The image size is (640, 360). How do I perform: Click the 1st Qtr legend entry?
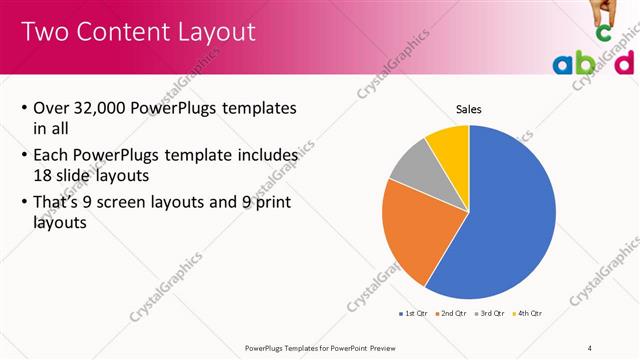coord(413,315)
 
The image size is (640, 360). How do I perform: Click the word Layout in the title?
coord(214,32)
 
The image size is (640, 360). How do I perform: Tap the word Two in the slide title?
coord(43,32)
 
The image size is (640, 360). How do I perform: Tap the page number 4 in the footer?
coord(589,348)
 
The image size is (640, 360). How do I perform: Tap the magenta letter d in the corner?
coord(625,63)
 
